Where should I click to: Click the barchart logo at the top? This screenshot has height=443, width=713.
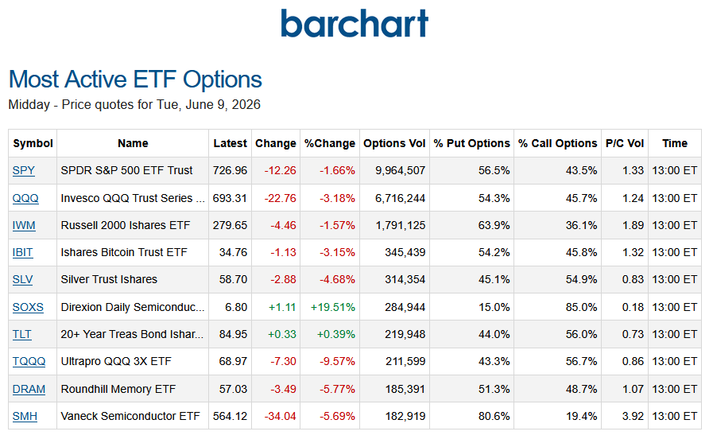pyautogui.click(x=355, y=23)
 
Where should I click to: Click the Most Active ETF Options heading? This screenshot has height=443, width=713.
pyautogui.click(x=135, y=80)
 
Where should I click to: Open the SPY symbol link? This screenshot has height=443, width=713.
pyautogui.click(x=24, y=170)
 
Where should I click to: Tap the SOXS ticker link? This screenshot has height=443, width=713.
pyautogui.click(x=28, y=307)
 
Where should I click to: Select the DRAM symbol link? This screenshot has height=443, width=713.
pyautogui.click(x=29, y=389)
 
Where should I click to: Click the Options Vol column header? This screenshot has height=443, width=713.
pyautogui.click(x=394, y=143)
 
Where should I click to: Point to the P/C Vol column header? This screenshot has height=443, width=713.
pyautogui.click(x=625, y=143)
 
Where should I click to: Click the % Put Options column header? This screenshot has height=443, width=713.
pyautogui.click(x=471, y=143)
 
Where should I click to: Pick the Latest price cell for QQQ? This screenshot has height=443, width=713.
pyautogui.click(x=230, y=198)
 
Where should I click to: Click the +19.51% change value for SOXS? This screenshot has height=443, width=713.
pyautogui.click(x=333, y=307)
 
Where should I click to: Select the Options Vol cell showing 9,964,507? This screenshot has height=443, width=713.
pyautogui.click(x=400, y=170)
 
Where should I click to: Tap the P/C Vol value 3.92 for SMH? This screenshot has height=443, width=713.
pyautogui.click(x=633, y=416)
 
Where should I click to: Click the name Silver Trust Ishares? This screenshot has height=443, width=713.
pyautogui.click(x=109, y=279)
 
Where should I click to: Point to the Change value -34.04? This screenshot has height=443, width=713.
pyautogui.click(x=280, y=416)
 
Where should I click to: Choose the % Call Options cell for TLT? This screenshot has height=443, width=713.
pyautogui.click(x=581, y=334)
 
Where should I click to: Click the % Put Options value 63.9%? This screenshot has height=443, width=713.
pyautogui.click(x=494, y=225)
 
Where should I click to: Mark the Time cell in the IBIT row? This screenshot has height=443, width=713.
pyautogui.click(x=674, y=252)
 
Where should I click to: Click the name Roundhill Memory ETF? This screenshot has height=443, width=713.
pyautogui.click(x=118, y=389)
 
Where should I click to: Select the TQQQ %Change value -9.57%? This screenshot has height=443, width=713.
pyautogui.click(x=337, y=362)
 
